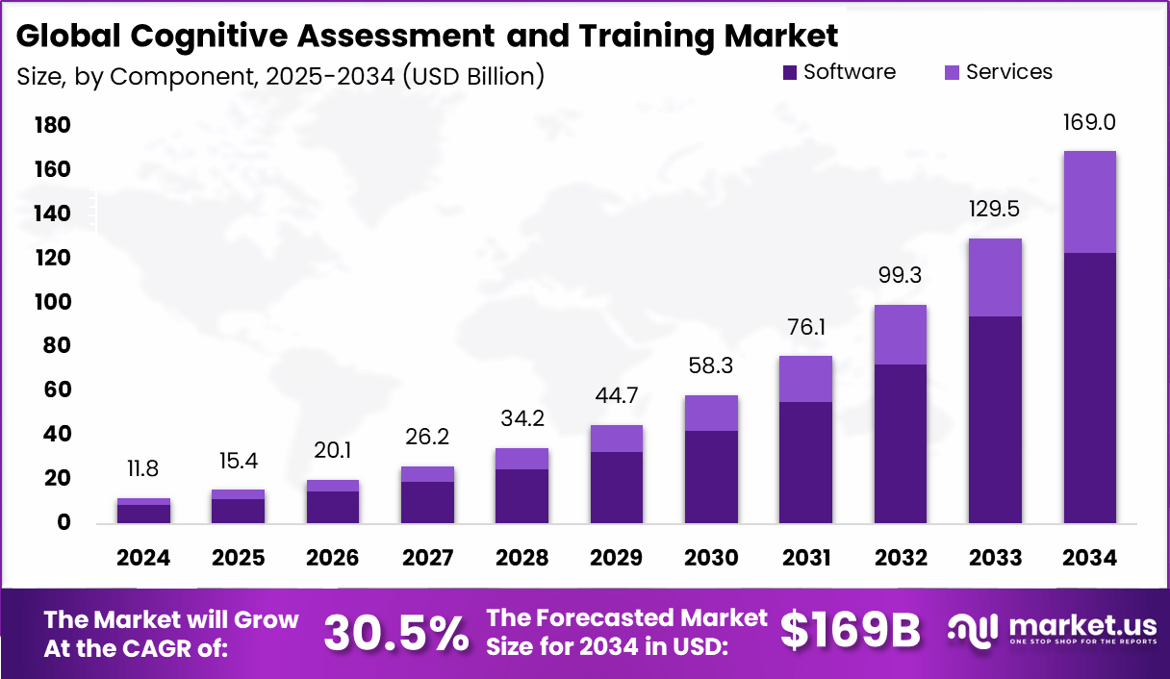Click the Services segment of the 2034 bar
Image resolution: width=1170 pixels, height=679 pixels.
coord(1090,202)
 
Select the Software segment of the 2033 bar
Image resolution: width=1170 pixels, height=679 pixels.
coord(995,419)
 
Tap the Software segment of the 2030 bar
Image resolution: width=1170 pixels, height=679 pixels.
coord(712,476)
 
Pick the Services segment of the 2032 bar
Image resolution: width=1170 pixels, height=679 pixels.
coord(901,335)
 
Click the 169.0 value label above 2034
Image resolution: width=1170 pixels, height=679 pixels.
coord(1090,123)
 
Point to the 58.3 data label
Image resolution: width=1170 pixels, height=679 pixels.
coord(712,366)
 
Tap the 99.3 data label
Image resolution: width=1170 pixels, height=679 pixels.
coord(901,276)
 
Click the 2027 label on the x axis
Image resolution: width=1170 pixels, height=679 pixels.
coord(428,559)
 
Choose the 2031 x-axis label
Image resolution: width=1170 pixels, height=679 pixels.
coord(806,559)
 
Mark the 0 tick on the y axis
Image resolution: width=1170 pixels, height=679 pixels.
coord(64,523)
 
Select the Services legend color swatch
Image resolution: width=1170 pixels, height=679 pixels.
coord(952,72)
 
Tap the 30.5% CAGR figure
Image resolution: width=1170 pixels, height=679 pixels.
coord(396,632)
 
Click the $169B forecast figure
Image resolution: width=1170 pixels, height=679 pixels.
coord(850,631)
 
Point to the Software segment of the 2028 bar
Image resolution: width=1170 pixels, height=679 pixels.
coord(522,496)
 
